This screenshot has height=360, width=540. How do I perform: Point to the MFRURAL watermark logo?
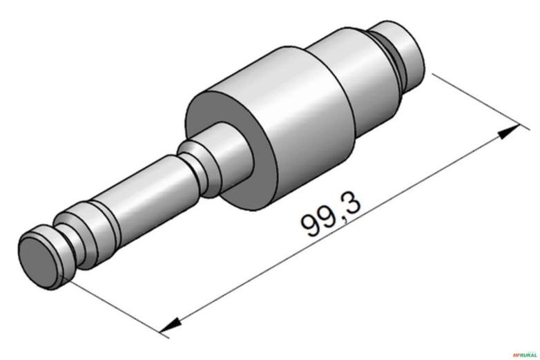(525, 354)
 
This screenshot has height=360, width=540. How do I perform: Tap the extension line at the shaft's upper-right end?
(470, 97)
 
